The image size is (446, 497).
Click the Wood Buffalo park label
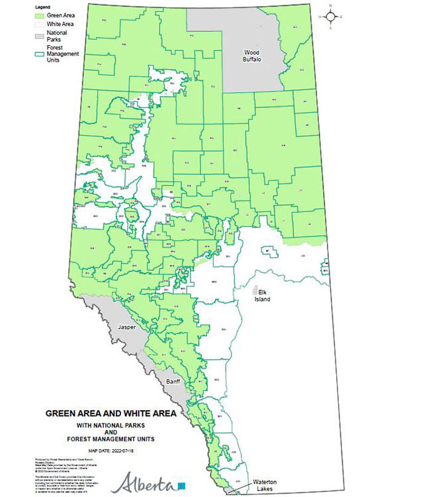pyautogui.click(x=252, y=56)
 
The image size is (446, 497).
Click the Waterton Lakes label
pyautogui.click(x=263, y=486)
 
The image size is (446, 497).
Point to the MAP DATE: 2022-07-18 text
pyautogui.click(x=111, y=449)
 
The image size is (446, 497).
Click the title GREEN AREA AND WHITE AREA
pyautogui.click(x=111, y=413)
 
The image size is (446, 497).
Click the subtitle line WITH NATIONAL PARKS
pyautogui.click(x=111, y=424)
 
